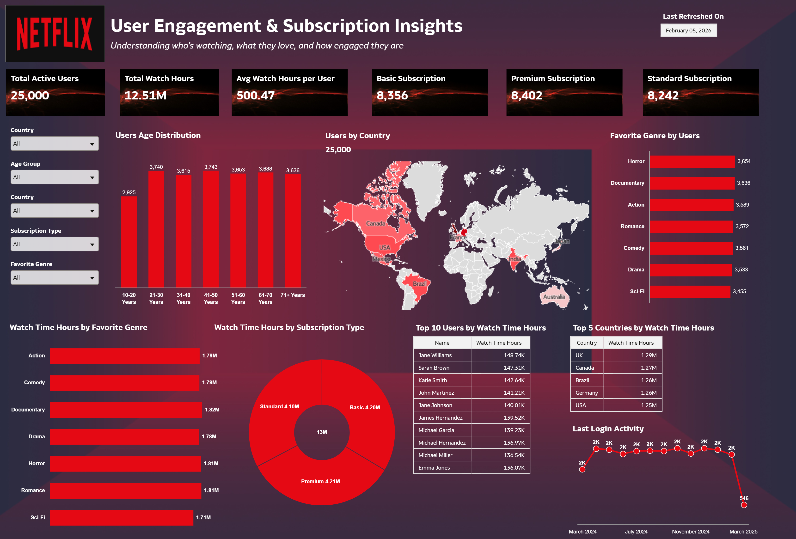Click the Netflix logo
coord(55,34)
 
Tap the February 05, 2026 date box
coord(688,31)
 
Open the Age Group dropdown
coord(55,177)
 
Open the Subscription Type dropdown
coord(55,244)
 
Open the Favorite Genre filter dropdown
coord(55,278)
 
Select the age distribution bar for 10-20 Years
coord(129,241)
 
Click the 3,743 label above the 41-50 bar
coord(211,167)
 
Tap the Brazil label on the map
coord(419,283)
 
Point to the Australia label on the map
coord(554,297)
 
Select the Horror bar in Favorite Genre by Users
coord(692,161)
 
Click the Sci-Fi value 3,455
coord(739,291)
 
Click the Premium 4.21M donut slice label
coord(320,481)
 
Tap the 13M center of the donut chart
coord(322,432)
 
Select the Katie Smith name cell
coord(433,380)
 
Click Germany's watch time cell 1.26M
coord(648,393)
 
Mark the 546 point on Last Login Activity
coord(744,505)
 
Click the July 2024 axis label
coord(636,532)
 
